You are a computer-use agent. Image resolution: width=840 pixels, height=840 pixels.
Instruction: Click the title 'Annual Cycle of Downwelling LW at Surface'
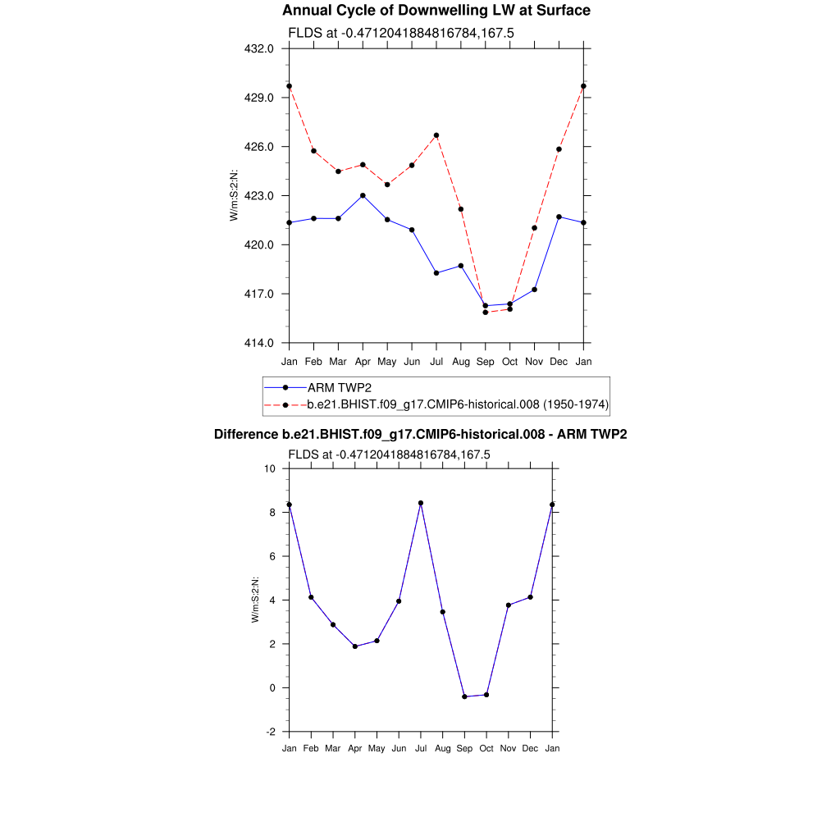(436, 11)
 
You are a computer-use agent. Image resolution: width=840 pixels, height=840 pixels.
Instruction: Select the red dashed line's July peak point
(436, 135)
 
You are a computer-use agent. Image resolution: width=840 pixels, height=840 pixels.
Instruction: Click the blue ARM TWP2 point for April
(363, 195)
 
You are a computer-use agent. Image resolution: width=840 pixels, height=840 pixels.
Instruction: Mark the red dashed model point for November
(534, 228)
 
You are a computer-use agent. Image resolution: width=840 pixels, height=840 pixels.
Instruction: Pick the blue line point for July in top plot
(436, 273)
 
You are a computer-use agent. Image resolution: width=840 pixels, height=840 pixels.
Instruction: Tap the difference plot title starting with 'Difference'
(420, 435)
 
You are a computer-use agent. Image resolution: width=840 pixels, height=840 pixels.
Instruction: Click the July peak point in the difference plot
(421, 503)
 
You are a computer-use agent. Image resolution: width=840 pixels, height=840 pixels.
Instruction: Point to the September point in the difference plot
(464, 696)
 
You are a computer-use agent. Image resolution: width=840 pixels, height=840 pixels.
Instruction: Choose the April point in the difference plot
(355, 646)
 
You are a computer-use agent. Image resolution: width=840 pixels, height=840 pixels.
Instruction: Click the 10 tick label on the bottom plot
(270, 468)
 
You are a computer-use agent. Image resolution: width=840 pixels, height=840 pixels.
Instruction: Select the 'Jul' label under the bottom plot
(421, 748)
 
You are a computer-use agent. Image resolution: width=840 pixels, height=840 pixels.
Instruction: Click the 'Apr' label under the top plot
(363, 361)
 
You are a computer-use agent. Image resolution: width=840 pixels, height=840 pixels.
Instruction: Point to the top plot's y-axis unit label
(234, 195)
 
